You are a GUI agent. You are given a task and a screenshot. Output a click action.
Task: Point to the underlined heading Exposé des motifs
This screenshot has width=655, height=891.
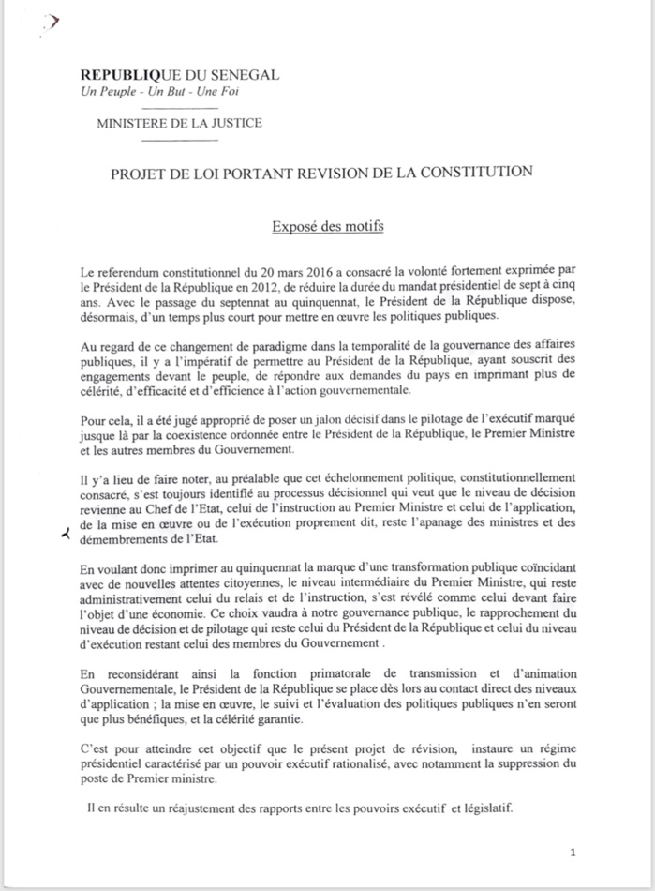point(327,226)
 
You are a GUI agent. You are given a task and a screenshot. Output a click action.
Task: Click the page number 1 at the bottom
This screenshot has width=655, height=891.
point(573,853)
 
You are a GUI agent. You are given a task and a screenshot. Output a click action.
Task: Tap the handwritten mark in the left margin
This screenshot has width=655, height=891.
point(65,535)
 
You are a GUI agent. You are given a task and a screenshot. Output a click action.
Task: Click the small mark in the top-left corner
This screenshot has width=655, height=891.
point(52,22)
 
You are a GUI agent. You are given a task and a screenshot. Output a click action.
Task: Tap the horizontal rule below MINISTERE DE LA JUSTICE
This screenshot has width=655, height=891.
point(179,141)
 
